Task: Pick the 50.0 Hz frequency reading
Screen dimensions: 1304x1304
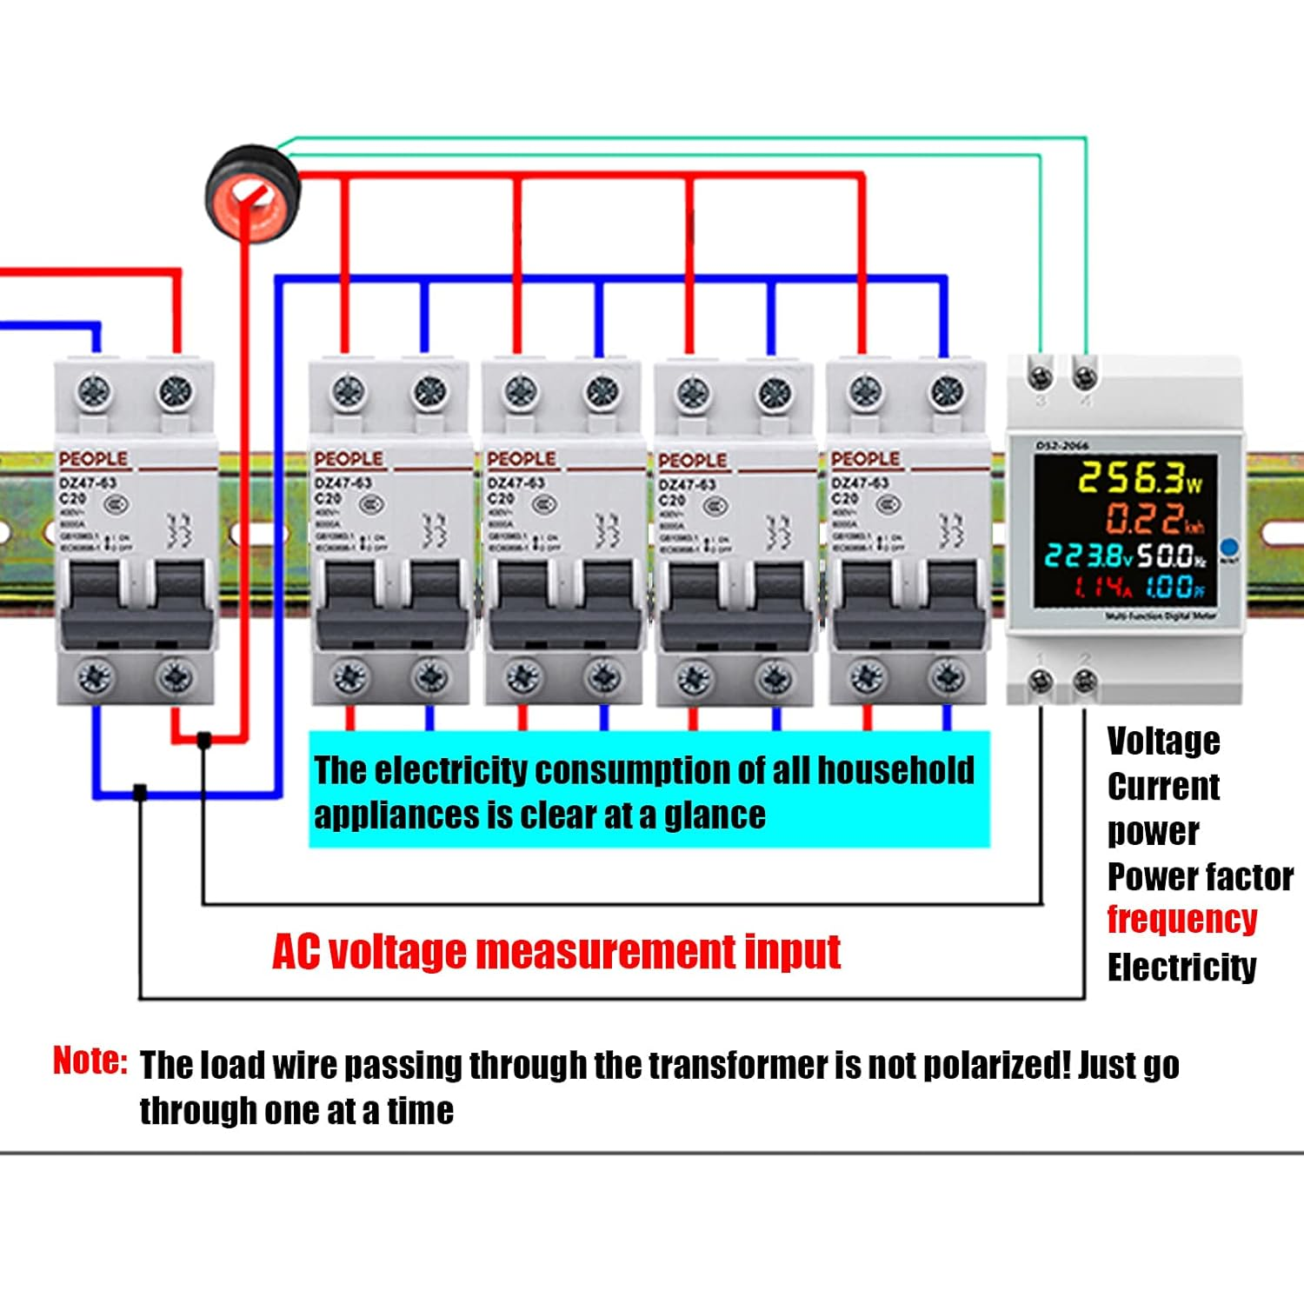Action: pos(1170,556)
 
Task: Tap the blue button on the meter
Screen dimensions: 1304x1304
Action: pos(1228,548)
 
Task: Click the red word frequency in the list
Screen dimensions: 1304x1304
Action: pos(1181,919)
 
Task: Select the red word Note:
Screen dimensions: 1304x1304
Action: pos(90,1061)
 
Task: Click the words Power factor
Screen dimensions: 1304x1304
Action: pos(1200,876)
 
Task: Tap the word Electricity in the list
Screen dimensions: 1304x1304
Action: pos(1181,967)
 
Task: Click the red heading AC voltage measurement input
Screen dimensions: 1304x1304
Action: pos(556,951)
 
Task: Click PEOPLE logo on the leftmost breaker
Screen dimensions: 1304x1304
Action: pos(93,459)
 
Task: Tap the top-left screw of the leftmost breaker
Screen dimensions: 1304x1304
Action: pos(94,392)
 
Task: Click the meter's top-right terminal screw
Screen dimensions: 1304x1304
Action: pos(1084,376)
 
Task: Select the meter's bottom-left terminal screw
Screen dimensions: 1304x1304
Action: pos(1040,681)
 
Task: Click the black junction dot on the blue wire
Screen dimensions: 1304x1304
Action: pos(139,792)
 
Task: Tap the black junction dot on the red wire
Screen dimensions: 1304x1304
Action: pos(203,740)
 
